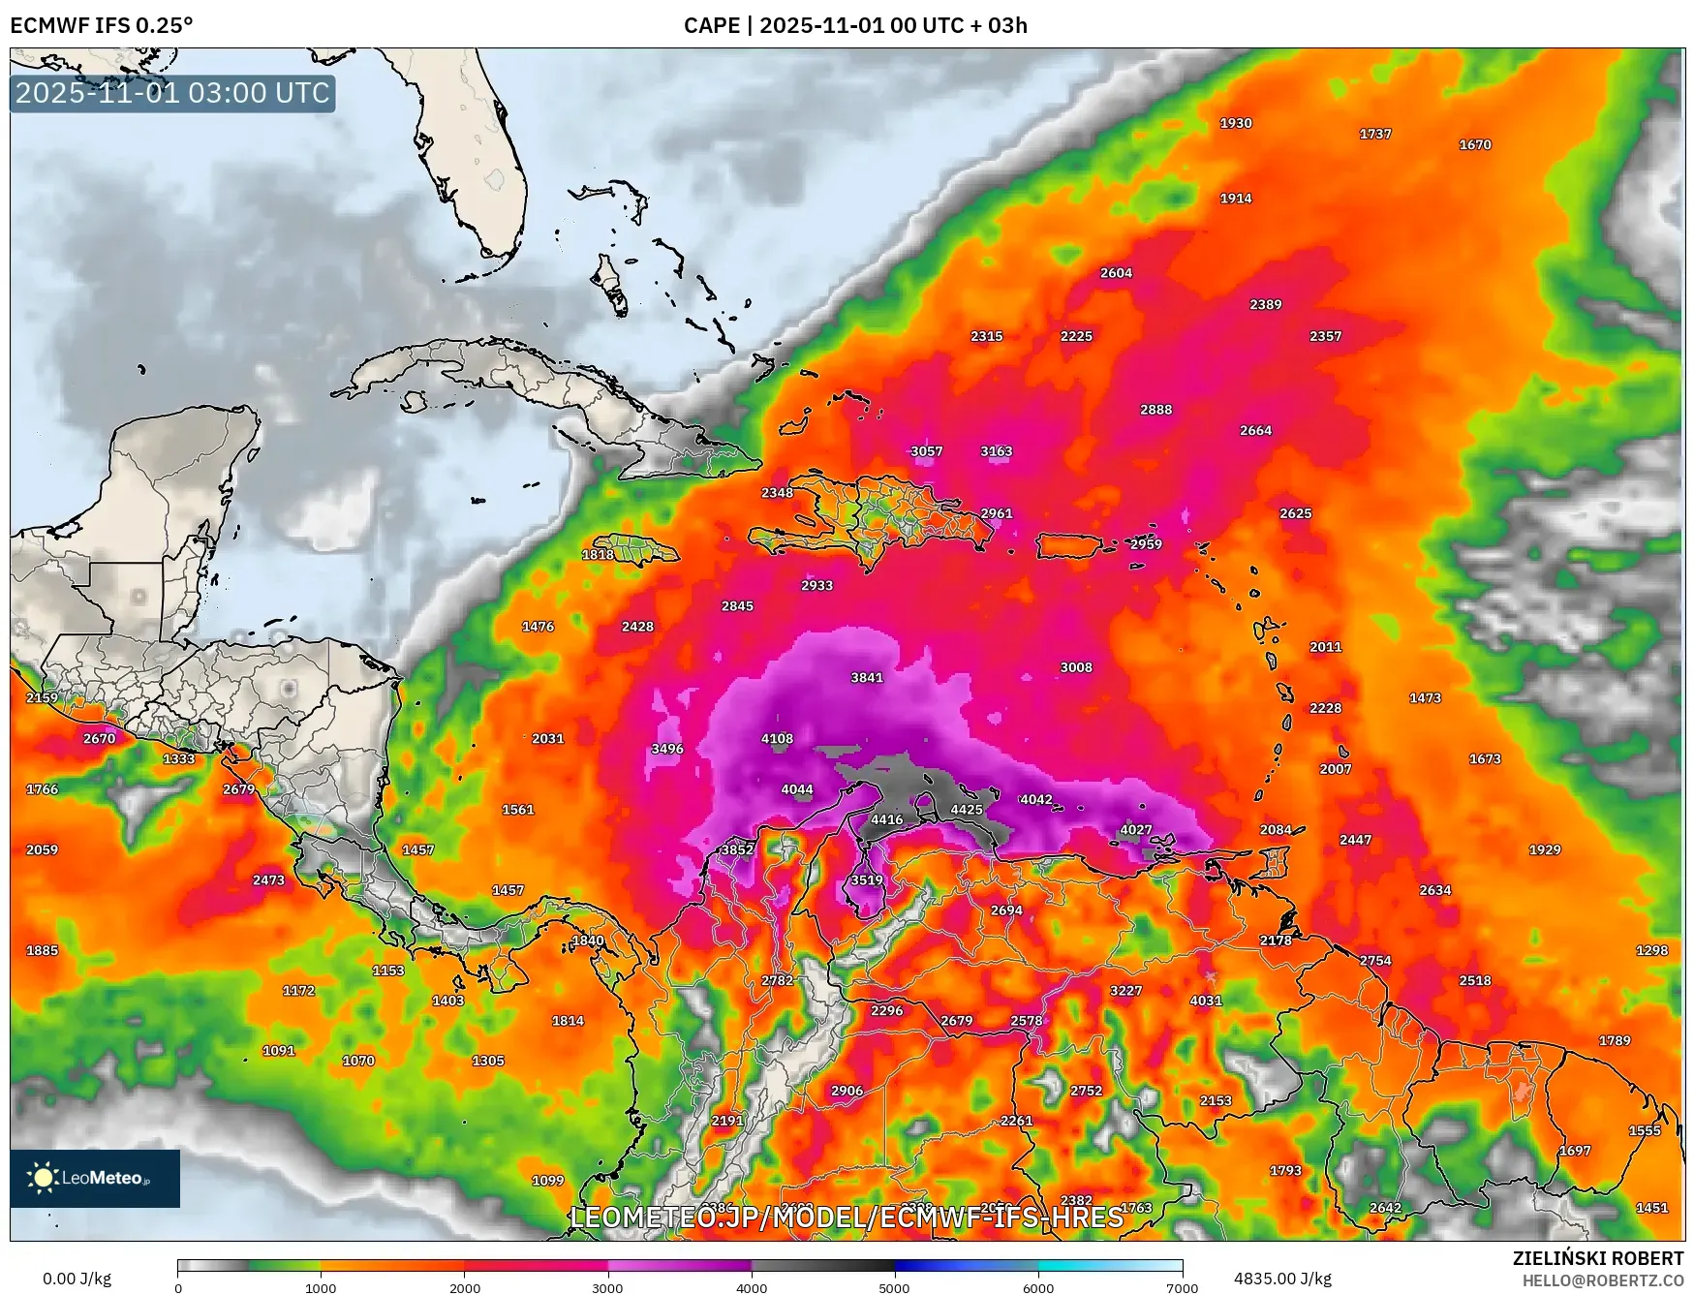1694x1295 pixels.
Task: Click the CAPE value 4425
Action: pyautogui.click(x=966, y=810)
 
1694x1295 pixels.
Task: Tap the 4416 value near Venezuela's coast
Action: pyautogui.click(x=886, y=819)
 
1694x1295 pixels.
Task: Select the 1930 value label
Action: pyautogui.click(x=1235, y=123)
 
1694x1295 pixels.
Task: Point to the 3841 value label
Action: pyautogui.click(x=866, y=677)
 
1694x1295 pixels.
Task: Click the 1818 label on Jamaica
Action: pyautogui.click(x=597, y=554)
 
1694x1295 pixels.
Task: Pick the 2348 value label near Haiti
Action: pyautogui.click(x=776, y=493)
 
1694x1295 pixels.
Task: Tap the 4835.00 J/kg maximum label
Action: pyautogui.click(x=1281, y=1279)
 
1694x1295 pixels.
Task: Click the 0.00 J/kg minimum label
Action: pyautogui.click(x=77, y=1279)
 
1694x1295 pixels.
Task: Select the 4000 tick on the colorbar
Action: pyautogui.click(x=752, y=1288)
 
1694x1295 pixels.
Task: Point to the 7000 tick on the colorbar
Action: pyautogui.click(x=1182, y=1288)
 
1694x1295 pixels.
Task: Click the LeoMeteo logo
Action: pyautogui.click(x=94, y=1178)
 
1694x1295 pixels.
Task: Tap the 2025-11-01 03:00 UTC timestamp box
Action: pyautogui.click(x=172, y=93)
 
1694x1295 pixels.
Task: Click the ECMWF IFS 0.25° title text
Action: pyautogui.click(x=101, y=25)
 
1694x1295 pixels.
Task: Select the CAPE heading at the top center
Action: pyautogui.click(x=854, y=25)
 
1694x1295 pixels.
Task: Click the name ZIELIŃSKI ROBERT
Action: pyautogui.click(x=1597, y=1258)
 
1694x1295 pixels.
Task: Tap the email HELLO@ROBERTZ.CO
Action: pyautogui.click(x=1602, y=1280)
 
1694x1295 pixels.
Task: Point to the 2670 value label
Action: pyautogui.click(x=99, y=738)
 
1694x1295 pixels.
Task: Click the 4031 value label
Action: pyautogui.click(x=1205, y=1001)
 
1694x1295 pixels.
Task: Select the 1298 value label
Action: pyautogui.click(x=1651, y=950)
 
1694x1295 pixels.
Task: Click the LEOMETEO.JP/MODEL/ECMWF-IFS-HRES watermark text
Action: pyautogui.click(x=847, y=1217)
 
